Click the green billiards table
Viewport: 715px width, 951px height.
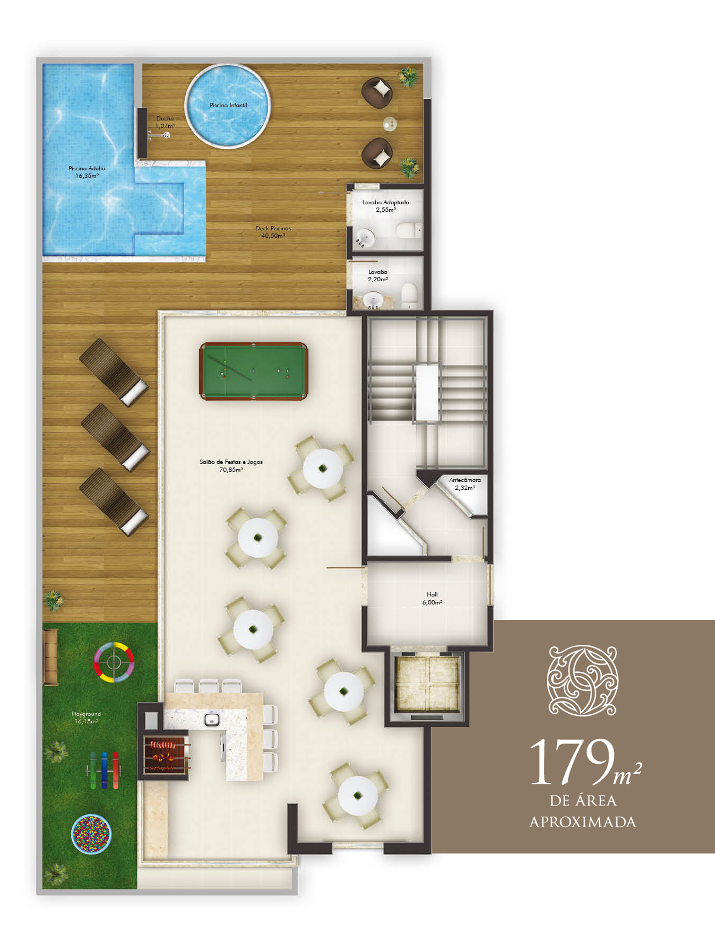coord(253,371)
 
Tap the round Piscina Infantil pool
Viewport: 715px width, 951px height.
coord(227,106)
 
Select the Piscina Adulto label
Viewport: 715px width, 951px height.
coord(87,172)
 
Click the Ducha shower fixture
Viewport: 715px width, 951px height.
coord(160,135)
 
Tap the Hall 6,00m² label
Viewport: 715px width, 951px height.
coord(432,599)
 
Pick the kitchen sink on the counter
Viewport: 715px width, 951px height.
coord(212,720)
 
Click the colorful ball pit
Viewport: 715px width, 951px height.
coord(91,834)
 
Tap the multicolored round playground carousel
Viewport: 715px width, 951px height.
coord(114,662)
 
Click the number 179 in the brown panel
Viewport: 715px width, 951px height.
coord(572,762)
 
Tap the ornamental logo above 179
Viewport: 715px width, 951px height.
coord(583,680)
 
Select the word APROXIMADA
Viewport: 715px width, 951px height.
coord(583,822)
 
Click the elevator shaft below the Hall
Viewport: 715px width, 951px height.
coord(427,685)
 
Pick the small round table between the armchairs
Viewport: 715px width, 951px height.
coord(390,124)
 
